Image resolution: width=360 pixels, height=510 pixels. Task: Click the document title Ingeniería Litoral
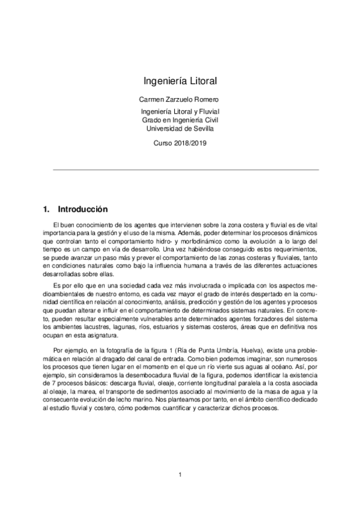pos(180,79)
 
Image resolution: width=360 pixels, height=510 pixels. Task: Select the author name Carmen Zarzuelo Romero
pos(180,99)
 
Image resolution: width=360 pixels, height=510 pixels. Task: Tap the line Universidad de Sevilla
pos(180,128)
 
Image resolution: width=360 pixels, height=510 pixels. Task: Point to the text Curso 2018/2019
pos(180,144)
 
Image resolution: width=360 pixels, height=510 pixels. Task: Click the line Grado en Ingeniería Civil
pos(180,120)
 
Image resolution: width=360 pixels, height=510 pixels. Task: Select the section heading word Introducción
pos(82,210)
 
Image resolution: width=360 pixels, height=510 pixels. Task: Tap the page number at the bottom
pos(180,475)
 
